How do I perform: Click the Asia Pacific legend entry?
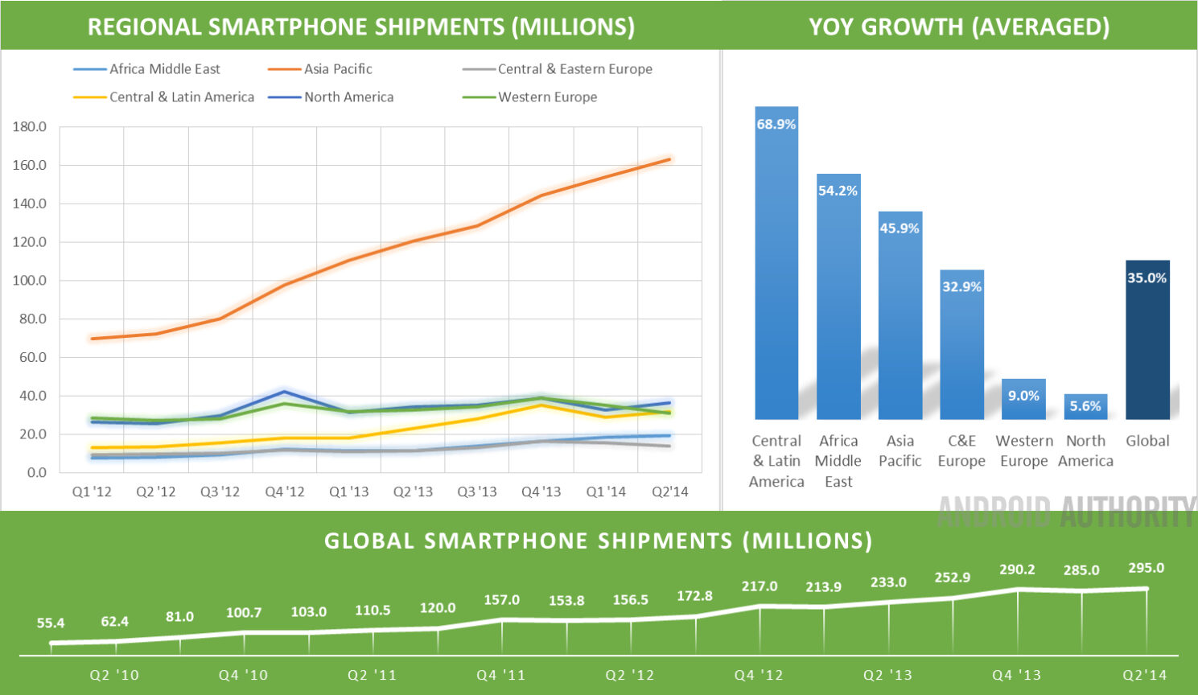pos(337,69)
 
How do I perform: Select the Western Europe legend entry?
pos(547,97)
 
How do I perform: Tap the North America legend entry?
pos(348,97)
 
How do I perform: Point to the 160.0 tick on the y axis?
pos(30,165)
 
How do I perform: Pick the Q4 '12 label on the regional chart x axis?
pos(285,491)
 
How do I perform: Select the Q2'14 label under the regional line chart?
pos(669,491)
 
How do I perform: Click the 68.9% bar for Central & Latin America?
pos(776,265)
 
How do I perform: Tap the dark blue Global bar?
pos(1147,342)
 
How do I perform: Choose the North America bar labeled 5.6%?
pos(1085,406)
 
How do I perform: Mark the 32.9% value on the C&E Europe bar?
pos(961,286)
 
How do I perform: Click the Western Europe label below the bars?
pos(1023,450)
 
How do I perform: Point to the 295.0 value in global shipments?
pos(1146,568)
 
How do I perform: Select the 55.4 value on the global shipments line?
pos(51,623)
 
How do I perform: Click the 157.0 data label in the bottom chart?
pos(501,600)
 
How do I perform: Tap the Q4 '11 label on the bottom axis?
pos(500,675)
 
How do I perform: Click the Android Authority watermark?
pos(1066,512)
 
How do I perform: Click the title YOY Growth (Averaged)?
pos(959,27)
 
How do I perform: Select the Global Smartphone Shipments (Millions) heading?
pos(598,541)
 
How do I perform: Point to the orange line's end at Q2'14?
pos(669,159)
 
